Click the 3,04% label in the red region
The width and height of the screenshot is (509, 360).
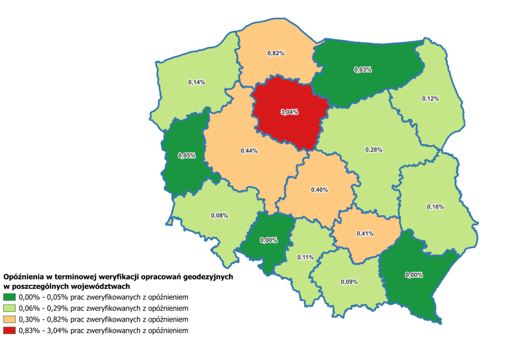(x=289, y=112)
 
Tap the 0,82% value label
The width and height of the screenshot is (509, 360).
(x=276, y=53)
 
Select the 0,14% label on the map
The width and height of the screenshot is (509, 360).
(x=197, y=82)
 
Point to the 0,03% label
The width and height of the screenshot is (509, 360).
(x=363, y=70)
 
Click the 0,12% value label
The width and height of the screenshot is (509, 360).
(x=430, y=99)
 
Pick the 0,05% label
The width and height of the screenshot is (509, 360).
(x=187, y=156)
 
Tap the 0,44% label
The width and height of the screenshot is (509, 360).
(x=249, y=151)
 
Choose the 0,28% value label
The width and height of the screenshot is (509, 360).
(x=374, y=150)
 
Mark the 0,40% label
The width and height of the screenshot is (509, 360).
(x=319, y=190)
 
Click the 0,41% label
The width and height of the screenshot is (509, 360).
(x=365, y=233)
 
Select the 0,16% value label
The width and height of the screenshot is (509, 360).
(x=435, y=206)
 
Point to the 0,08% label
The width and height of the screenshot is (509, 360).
(x=219, y=216)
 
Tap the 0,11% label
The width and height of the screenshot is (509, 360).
(x=305, y=257)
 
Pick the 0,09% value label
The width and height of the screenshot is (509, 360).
(x=349, y=282)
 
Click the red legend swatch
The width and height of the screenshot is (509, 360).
(x=9, y=330)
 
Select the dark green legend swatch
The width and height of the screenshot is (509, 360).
(x=9, y=297)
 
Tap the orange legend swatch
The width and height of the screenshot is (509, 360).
(x=9, y=319)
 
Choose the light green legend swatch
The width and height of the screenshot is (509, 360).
(x=9, y=308)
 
